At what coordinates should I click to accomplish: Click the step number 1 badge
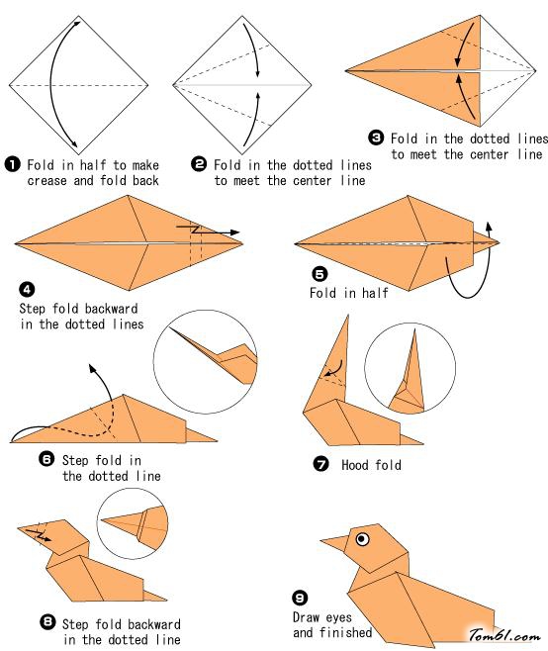pos(13,164)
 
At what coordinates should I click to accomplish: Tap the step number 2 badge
pos(199,164)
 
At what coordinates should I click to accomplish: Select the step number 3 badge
pos(376,138)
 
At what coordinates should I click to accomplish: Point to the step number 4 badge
pos(27,289)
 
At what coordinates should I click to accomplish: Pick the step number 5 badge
pos(320,274)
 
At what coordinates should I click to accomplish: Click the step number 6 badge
pos(46,459)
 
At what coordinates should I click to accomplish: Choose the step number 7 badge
pos(320,464)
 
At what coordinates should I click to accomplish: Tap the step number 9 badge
pos(300,598)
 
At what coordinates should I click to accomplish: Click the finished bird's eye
pos(362,539)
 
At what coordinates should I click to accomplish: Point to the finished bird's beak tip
pos(320,540)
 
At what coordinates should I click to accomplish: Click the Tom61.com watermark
pos(504,635)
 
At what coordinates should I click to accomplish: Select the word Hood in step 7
pos(354,465)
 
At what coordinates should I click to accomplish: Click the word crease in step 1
pos(46,181)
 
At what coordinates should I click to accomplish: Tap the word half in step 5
pos(375,293)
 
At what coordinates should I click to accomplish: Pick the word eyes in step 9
pos(338,617)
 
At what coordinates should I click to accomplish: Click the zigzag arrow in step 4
pos(208,230)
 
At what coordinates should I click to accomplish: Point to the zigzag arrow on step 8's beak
pos(40,534)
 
